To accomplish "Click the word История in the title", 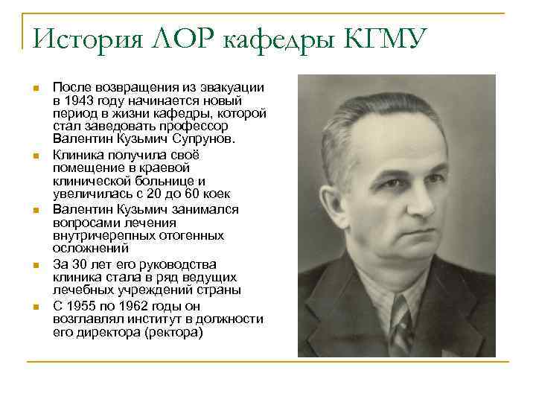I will click(80, 36).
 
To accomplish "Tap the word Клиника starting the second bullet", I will click(76, 154).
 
